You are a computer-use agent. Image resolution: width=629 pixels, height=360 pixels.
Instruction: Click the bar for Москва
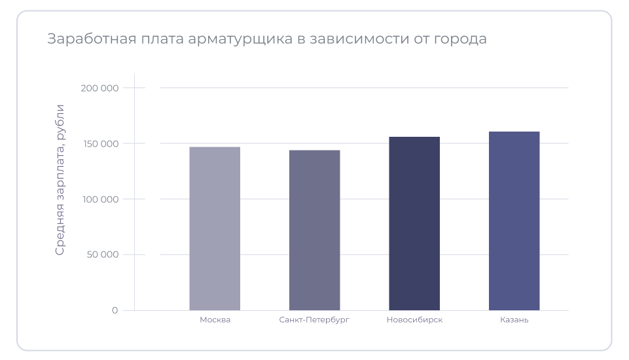click(215, 228)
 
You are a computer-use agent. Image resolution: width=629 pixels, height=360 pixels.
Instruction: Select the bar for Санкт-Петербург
click(314, 230)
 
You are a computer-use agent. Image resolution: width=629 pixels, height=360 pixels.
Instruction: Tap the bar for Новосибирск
click(414, 223)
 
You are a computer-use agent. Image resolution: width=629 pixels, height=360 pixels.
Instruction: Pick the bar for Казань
click(514, 221)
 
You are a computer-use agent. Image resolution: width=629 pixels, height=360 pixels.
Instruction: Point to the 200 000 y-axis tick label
click(101, 88)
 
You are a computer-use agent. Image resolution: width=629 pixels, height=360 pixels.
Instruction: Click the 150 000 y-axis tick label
click(101, 143)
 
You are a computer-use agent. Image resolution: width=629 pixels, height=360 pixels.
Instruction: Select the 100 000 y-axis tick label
click(101, 199)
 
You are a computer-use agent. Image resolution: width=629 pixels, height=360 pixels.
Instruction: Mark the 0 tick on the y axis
click(115, 310)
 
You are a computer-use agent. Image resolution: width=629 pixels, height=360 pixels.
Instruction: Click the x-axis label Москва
click(215, 320)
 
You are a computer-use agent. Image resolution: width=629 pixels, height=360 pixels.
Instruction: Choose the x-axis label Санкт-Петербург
click(314, 320)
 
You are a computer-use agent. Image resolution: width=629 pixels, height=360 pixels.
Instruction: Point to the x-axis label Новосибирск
click(414, 320)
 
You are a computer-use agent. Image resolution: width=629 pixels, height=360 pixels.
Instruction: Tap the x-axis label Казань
click(514, 320)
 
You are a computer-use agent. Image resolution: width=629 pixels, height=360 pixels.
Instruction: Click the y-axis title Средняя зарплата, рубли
click(60, 179)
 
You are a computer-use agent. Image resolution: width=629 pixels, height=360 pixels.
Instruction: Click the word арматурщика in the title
click(240, 39)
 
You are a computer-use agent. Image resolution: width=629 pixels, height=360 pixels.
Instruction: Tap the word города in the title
click(463, 39)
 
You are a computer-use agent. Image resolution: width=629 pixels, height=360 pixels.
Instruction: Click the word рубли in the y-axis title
click(60, 121)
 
